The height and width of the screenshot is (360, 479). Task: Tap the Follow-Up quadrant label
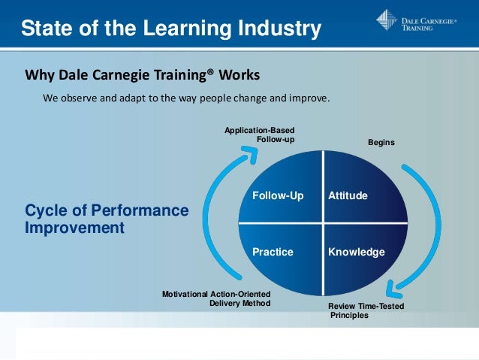[278, 196]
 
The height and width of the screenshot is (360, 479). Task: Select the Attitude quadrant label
[348, 196]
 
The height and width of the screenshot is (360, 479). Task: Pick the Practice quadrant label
[273, 252]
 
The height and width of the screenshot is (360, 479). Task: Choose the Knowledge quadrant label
[356, 252]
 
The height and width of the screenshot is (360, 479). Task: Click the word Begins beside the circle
[381, 142]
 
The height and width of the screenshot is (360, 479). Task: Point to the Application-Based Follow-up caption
[259, 135]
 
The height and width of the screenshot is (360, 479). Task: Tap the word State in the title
[45, 29]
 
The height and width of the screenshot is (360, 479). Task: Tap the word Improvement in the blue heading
[74, 227]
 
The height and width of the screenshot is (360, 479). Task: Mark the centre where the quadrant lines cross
[324, 223]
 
